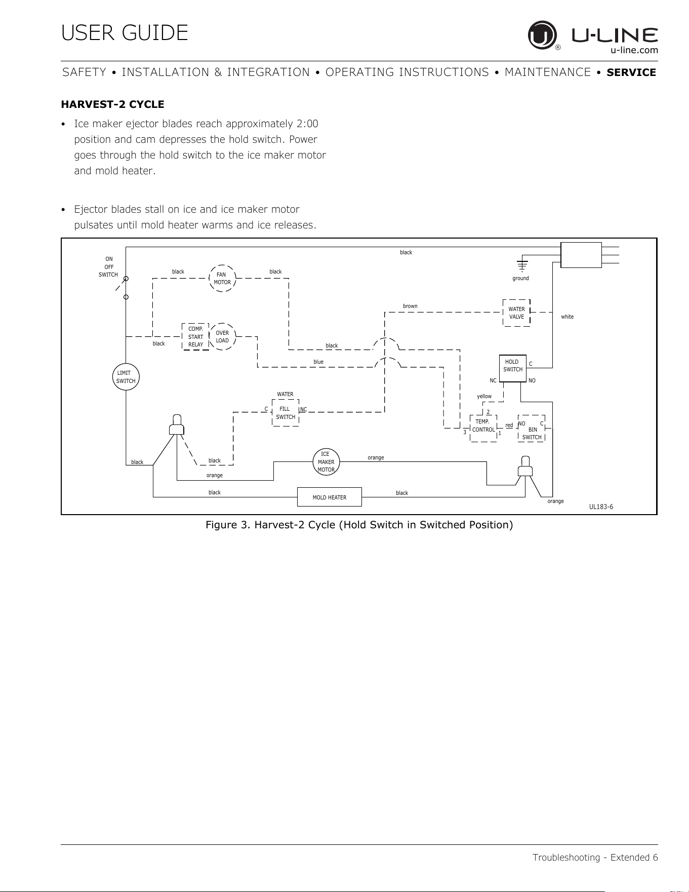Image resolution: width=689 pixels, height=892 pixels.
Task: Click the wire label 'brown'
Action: (410, 306)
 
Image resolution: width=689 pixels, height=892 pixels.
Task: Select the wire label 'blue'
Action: (318, 362)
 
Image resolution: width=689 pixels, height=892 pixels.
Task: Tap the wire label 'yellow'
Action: (484, 396)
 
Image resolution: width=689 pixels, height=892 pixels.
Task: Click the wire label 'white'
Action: (568, 317)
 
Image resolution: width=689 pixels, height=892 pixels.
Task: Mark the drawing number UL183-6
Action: (601, 507)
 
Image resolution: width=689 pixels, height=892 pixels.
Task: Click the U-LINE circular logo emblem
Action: (542, 35)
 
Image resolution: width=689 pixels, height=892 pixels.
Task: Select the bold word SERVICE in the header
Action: (631, 72)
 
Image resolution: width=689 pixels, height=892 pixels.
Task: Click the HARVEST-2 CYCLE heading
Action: (112, 104)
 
